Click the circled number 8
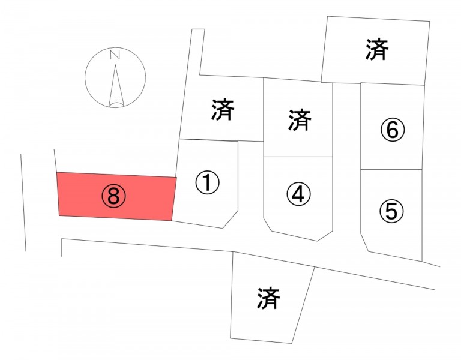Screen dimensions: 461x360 click(x=114, y=197)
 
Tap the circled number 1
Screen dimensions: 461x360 click(x=207, y=182)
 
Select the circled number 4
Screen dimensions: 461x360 click(x=298, y=193)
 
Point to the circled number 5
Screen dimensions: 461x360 click(x=391, y=211)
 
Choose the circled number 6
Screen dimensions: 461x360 click(x=393, y=130)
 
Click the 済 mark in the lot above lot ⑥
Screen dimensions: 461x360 click(x=377, y=49)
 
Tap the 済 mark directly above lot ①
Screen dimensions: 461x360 click(x=223, y=110)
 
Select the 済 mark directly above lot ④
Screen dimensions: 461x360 click(x=300, y=119)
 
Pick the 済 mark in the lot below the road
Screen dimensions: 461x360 click(x=268, y=298)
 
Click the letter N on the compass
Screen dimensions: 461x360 click(x=115, y=55)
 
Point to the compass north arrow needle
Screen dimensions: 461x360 click(x=116, y=85)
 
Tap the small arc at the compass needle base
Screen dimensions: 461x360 click(x=116, y=105)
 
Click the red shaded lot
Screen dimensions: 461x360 click(x=116, y=196)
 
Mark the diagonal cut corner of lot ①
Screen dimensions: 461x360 click(x=230, y=219)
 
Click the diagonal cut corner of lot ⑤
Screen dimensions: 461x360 click(x=364, y=243)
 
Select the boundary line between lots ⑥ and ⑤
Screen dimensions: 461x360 click(x=391, y=170)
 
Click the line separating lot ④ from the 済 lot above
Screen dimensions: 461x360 click(x=298, y=157)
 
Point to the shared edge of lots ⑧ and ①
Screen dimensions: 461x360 click(x=174, y=199)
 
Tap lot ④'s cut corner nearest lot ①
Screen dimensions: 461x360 click(x=268, y=224)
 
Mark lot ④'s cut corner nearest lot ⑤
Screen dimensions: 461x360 click(x=325, y=235)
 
